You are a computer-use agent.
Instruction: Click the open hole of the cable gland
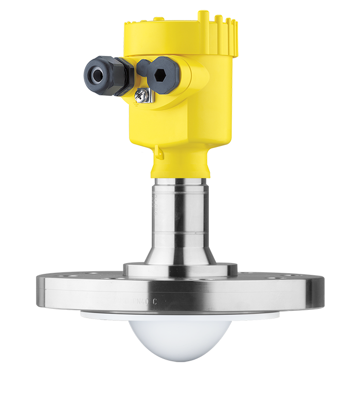(x=97, y=73)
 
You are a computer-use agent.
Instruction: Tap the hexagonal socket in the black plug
(x=159, y=73)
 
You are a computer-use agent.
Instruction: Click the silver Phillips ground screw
(x=141, y=96)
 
